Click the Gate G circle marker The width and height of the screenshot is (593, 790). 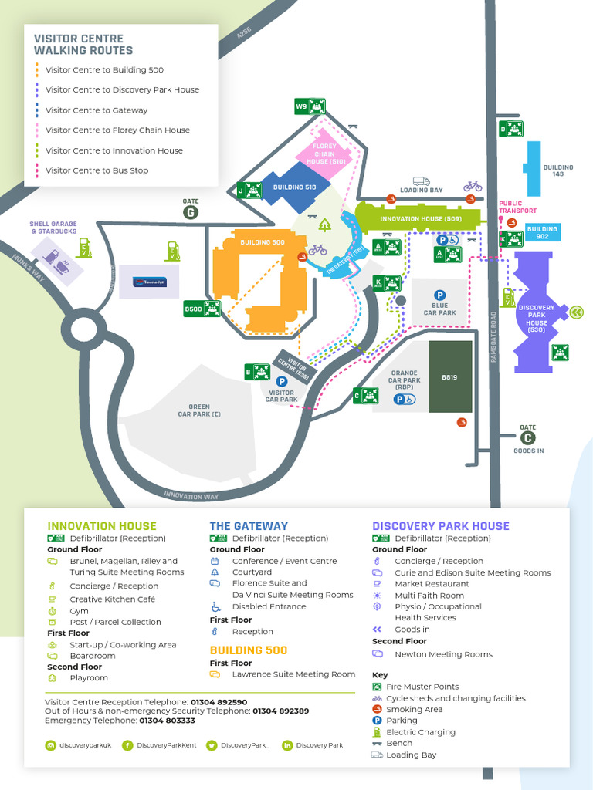[x=190, y=212]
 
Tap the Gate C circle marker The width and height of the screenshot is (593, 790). [x=528, y=438]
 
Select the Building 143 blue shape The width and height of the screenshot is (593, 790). [x=533, y=167]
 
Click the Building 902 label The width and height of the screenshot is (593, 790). [x=542, y=232]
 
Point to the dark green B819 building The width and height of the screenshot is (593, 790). [x=450, y=376]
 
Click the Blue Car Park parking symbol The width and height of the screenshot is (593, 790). [x=439, y=295]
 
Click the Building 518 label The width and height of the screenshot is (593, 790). [x=294, y=187]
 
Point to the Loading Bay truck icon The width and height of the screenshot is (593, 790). [x=421, y=181]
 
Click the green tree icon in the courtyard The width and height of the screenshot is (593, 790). [x=325, y=225]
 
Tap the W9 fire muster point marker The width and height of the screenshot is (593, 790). [x=310, y=106]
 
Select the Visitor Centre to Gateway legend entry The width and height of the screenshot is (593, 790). [x=97, y=110]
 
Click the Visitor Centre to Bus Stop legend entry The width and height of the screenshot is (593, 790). [x=97, y=170]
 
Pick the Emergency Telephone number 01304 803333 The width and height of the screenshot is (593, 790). [x=167, y=721]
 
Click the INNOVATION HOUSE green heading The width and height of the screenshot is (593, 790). [x=102, y=526]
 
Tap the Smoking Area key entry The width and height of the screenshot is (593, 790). [x=415, y=709]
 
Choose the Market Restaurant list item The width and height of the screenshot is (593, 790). [x=432, y=584]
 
